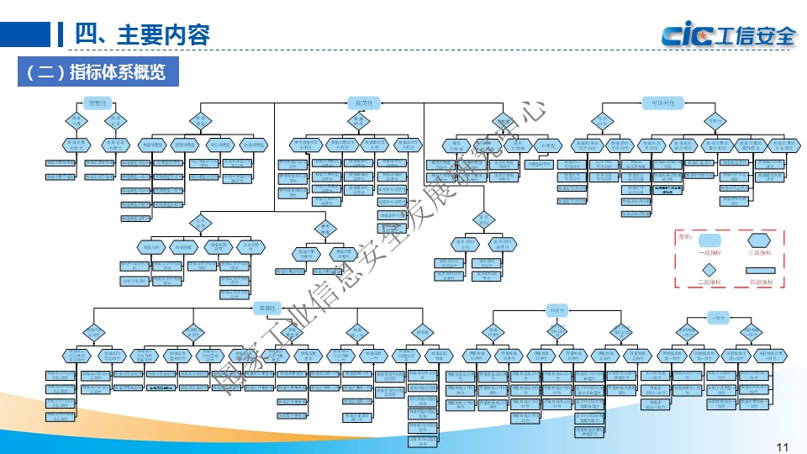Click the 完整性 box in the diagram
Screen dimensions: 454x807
click(x=99, y=103)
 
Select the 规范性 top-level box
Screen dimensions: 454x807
click(x=364, y=103)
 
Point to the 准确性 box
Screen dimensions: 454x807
click(x=266, y=309)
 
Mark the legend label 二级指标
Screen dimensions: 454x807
click(x=708, y=283)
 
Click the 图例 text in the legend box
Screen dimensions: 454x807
click(x=685, y=236)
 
